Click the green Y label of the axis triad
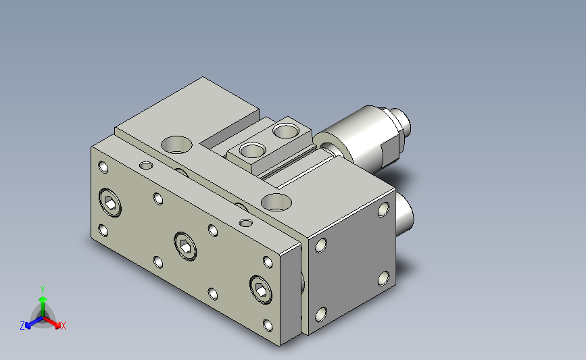point(42,290)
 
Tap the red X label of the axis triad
point(64,326)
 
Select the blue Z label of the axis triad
point(22,326)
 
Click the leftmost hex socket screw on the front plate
point(110,203)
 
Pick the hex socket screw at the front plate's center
point(185,246)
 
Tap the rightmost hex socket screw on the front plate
point(260,290)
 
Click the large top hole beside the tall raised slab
point(177,145)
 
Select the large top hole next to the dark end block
point(276,202)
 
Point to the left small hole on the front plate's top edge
point(146,165)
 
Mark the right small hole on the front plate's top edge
point(245,224)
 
